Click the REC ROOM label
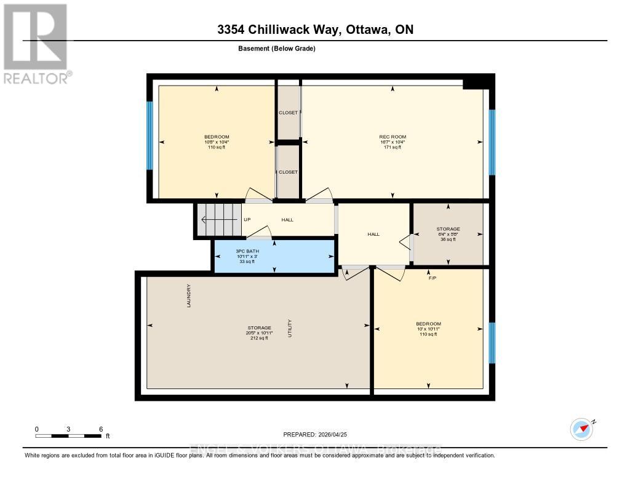click(x=393, y=137)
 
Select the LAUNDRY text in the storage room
click(x=189, y=296)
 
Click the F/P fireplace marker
click(x=433, y=278)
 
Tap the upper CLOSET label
click(x=288, y=113)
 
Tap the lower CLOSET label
click(x=288, y=172)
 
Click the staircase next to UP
click(x=218, y=220)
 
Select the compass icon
click(x=581, y=429)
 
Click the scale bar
click(x=68, y=436)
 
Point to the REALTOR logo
click(x=36, y=43)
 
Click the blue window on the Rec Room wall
click(x=492, y=142)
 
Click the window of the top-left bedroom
click(x=150, y=135)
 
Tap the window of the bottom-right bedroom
click(x=492, y=343)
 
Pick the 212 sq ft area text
click(x=258, y=339)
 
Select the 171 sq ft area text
click(x=393, y=148)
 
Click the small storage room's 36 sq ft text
click(x=448, y=239)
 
